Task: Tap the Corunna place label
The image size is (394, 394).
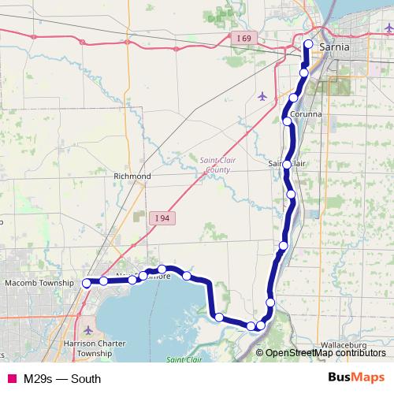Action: point(306,114)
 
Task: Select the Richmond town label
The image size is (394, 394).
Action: point(132,176)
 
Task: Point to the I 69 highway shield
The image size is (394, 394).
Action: point(244,37)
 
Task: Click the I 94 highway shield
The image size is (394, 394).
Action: point(162,217)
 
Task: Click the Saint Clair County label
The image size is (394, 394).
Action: point(217,164)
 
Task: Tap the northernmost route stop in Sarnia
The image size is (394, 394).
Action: point(308,44)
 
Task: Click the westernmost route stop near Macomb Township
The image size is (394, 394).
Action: point(87,285)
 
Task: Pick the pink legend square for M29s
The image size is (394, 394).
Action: point(12,378)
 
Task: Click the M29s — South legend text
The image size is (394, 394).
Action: point(62,378)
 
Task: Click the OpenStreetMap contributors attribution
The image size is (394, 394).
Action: point(325,352)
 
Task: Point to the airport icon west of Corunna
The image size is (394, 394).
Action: point(262,96)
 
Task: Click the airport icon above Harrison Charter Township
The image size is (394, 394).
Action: point(87,329)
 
